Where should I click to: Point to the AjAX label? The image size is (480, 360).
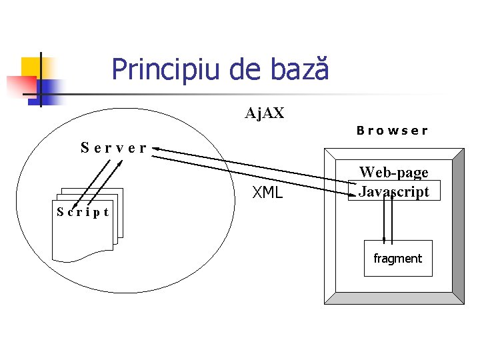[265, 113]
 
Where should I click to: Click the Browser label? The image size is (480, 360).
[392, 131]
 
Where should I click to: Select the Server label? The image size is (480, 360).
[113, 147]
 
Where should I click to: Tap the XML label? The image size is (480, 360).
[267, 194]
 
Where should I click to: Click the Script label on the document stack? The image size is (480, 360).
[83, 213]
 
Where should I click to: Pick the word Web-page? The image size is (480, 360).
[394, 173]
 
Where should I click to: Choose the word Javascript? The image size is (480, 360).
[394, 191]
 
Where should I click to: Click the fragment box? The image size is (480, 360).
[398, 258]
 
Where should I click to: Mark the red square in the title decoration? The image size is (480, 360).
[20, 85]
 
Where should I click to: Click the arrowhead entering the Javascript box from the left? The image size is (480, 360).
[352, 196]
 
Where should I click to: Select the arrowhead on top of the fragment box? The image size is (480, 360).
[384, 238]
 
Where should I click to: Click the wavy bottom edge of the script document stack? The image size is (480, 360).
[83, 257]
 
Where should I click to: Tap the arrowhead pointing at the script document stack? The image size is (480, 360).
[75, 204]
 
